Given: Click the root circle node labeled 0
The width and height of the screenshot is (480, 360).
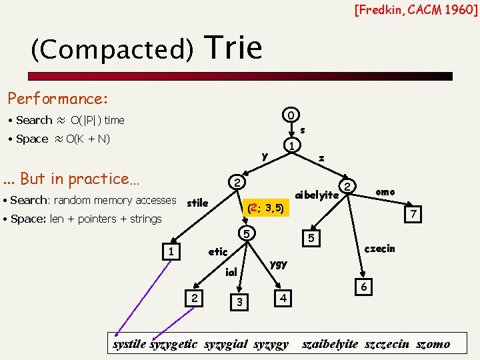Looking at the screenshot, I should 291,114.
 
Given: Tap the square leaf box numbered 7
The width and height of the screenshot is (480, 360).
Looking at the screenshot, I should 413,215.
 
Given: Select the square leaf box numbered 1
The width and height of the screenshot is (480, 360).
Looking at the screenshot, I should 171,251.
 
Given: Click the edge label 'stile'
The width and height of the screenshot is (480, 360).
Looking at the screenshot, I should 197,202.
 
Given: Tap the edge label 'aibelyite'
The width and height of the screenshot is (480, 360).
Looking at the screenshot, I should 317,195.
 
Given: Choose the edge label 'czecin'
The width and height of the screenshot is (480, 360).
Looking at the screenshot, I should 380,249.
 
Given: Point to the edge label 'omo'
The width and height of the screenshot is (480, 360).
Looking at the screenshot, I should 385,192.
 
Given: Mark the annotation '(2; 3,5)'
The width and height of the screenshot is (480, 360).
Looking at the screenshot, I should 265,209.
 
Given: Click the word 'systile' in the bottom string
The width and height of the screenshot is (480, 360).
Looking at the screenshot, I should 130,345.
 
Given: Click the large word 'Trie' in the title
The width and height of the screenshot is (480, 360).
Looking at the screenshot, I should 235,47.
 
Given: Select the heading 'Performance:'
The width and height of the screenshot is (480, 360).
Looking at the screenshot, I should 57,99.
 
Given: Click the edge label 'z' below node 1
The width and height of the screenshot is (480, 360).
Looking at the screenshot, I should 321,159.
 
